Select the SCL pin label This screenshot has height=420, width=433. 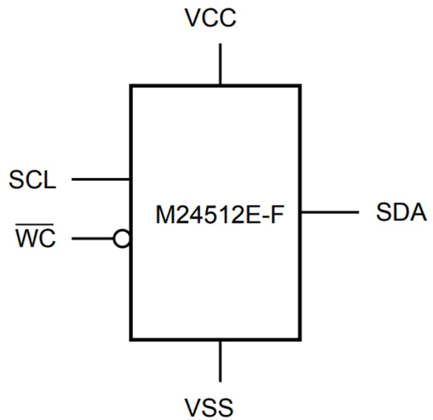(32, 180)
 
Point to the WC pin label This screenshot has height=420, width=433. (36, 238)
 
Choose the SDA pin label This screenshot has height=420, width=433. (401, 212)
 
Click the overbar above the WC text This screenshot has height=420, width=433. (36, 228)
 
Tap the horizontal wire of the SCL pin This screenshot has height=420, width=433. (101, 179)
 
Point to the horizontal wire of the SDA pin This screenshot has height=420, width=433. (329, 212)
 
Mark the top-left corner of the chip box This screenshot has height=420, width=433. (130, 86)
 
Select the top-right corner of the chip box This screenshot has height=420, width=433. (299, 86)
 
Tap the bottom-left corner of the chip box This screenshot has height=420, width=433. (130, 339)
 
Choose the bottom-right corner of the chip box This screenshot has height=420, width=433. (299, 339)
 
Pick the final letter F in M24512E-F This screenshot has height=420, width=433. (277, 217)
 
